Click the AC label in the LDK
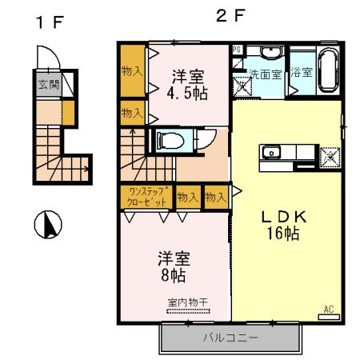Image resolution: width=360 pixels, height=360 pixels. (x=328, y=309)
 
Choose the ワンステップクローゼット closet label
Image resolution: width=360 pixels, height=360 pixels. (x=145, y=196)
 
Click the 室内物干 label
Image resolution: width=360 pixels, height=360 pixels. (x=187, y=302)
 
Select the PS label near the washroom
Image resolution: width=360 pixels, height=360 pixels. (x=236, y=49)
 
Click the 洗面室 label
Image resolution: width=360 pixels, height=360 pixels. (x=265, y=73)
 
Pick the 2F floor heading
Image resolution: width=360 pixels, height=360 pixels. (x=227, y=15)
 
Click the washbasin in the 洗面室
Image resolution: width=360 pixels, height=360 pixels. (x=271, y=53)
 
